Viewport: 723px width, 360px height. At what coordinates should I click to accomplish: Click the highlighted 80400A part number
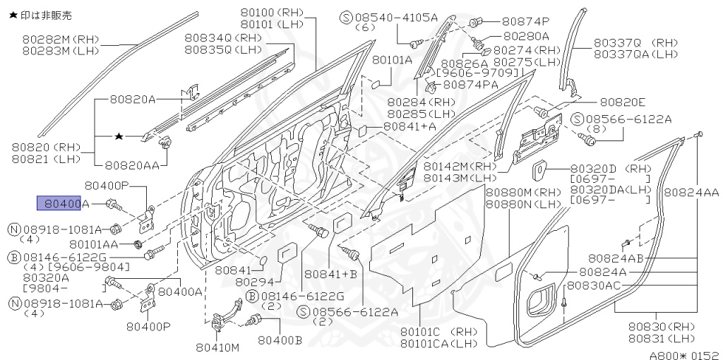(64, 203)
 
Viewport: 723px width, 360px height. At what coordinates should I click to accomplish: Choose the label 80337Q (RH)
(623, 42)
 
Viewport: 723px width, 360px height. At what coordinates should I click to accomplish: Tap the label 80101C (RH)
(438, 331)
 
